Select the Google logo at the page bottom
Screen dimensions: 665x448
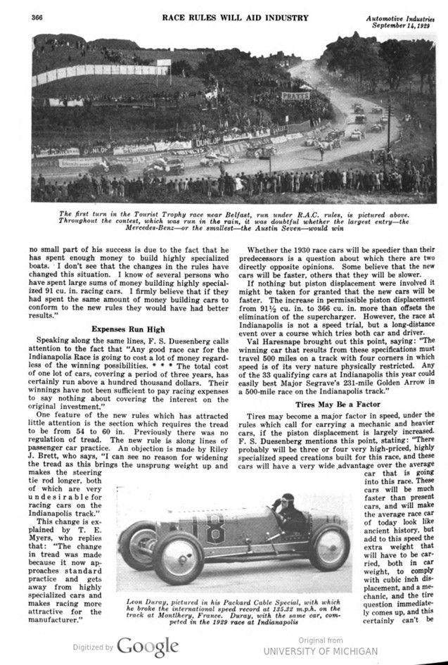point(147,647)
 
